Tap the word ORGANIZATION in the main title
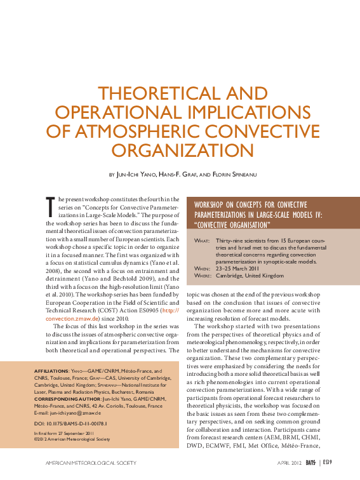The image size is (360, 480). [x=180, y=150]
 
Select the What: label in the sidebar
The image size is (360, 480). [x=201, y=242]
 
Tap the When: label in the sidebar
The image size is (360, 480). [x=201, y=269]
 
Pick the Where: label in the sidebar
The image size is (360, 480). [x=201, y=276]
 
